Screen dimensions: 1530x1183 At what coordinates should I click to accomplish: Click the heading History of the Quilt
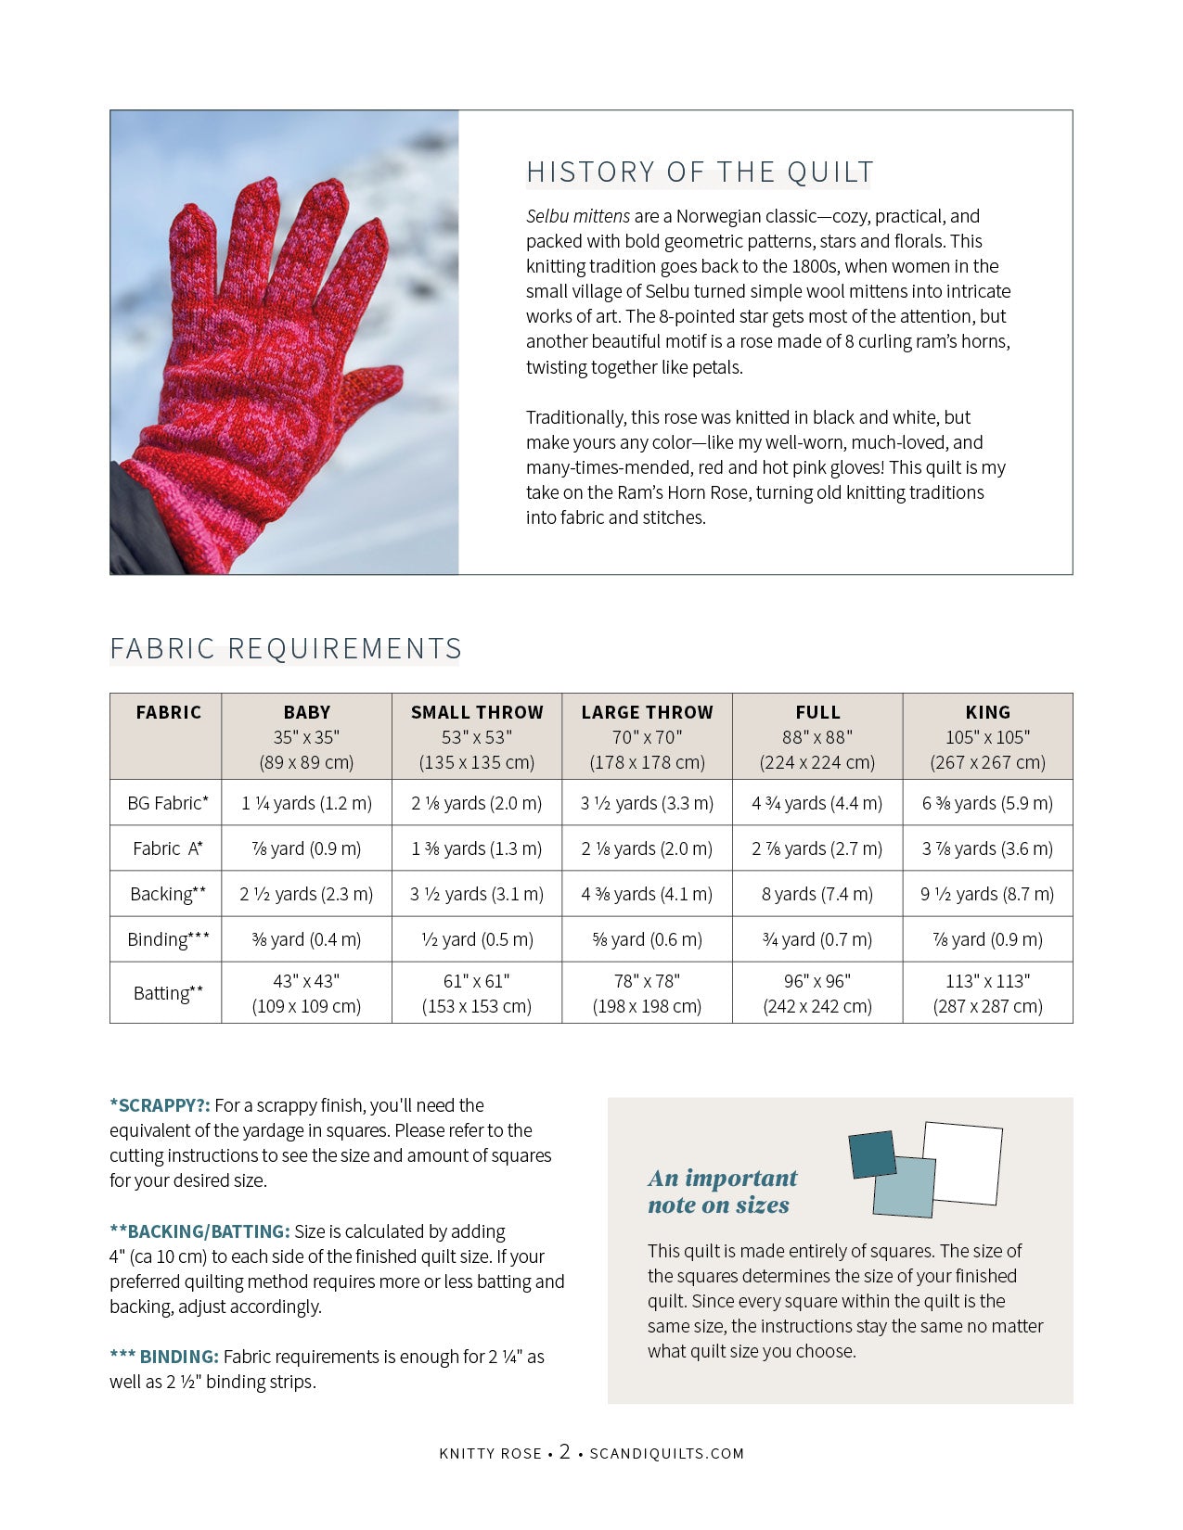[700, 172]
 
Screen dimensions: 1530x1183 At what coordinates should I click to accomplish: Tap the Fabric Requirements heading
[285, 648]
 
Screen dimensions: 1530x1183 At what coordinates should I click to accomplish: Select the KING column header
[987, 712]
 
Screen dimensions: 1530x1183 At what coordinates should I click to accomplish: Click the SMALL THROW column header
[477, 712]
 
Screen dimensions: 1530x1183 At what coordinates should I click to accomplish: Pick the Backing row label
[167, 894]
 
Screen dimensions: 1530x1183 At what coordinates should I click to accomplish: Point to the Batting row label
[167, 993]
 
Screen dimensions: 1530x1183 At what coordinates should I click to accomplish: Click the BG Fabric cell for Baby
[306, 803]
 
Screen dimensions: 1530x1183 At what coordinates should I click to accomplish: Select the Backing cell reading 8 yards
[817, 894]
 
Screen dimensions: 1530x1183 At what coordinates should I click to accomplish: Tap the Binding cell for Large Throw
[647, 939]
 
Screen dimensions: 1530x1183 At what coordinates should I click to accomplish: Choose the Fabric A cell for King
[987, 848]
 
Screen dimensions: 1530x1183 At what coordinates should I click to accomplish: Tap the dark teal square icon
[872, 1154]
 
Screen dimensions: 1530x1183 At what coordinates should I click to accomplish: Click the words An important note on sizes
[722, 1192]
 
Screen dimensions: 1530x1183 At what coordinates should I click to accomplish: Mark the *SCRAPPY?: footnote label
[160, 1105]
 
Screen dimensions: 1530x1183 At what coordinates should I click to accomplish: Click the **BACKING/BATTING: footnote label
[199, 1231]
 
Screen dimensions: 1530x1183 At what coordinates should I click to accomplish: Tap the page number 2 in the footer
[564, 1452]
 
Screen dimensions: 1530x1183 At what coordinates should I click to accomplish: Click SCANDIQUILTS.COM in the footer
[667, 1454]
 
